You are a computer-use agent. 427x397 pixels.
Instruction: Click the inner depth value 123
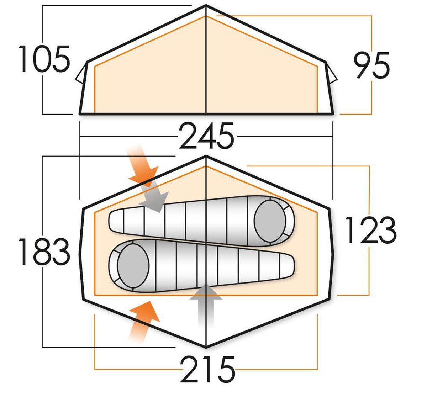[x=370, y=230]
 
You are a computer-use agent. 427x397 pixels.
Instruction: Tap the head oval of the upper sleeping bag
[x=270, y=221]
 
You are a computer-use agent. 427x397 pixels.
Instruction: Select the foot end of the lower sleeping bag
[x=288, y=265]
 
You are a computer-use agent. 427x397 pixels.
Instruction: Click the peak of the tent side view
[x=206, y=6]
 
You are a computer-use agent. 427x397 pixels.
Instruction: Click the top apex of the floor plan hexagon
[x=206, y=156]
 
